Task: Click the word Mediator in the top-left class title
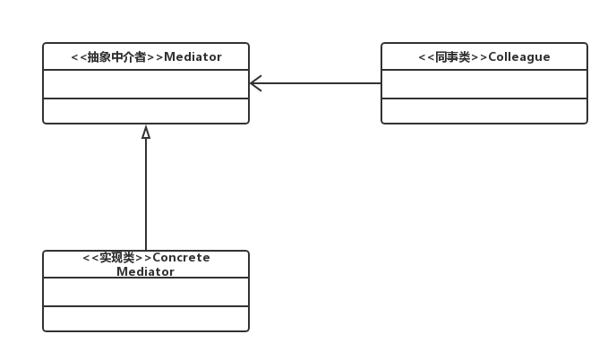192,57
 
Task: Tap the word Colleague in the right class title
520,57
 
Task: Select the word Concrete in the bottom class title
182,258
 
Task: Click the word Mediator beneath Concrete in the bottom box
146,271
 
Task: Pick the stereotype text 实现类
117,258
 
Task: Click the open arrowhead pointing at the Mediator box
255,83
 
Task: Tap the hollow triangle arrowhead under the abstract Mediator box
146,133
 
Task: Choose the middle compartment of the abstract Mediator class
146,84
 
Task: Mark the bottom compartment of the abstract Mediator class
146,111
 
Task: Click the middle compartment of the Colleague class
484,84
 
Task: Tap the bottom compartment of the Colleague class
484,111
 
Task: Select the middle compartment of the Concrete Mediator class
146,292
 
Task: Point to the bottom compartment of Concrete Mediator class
146,319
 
